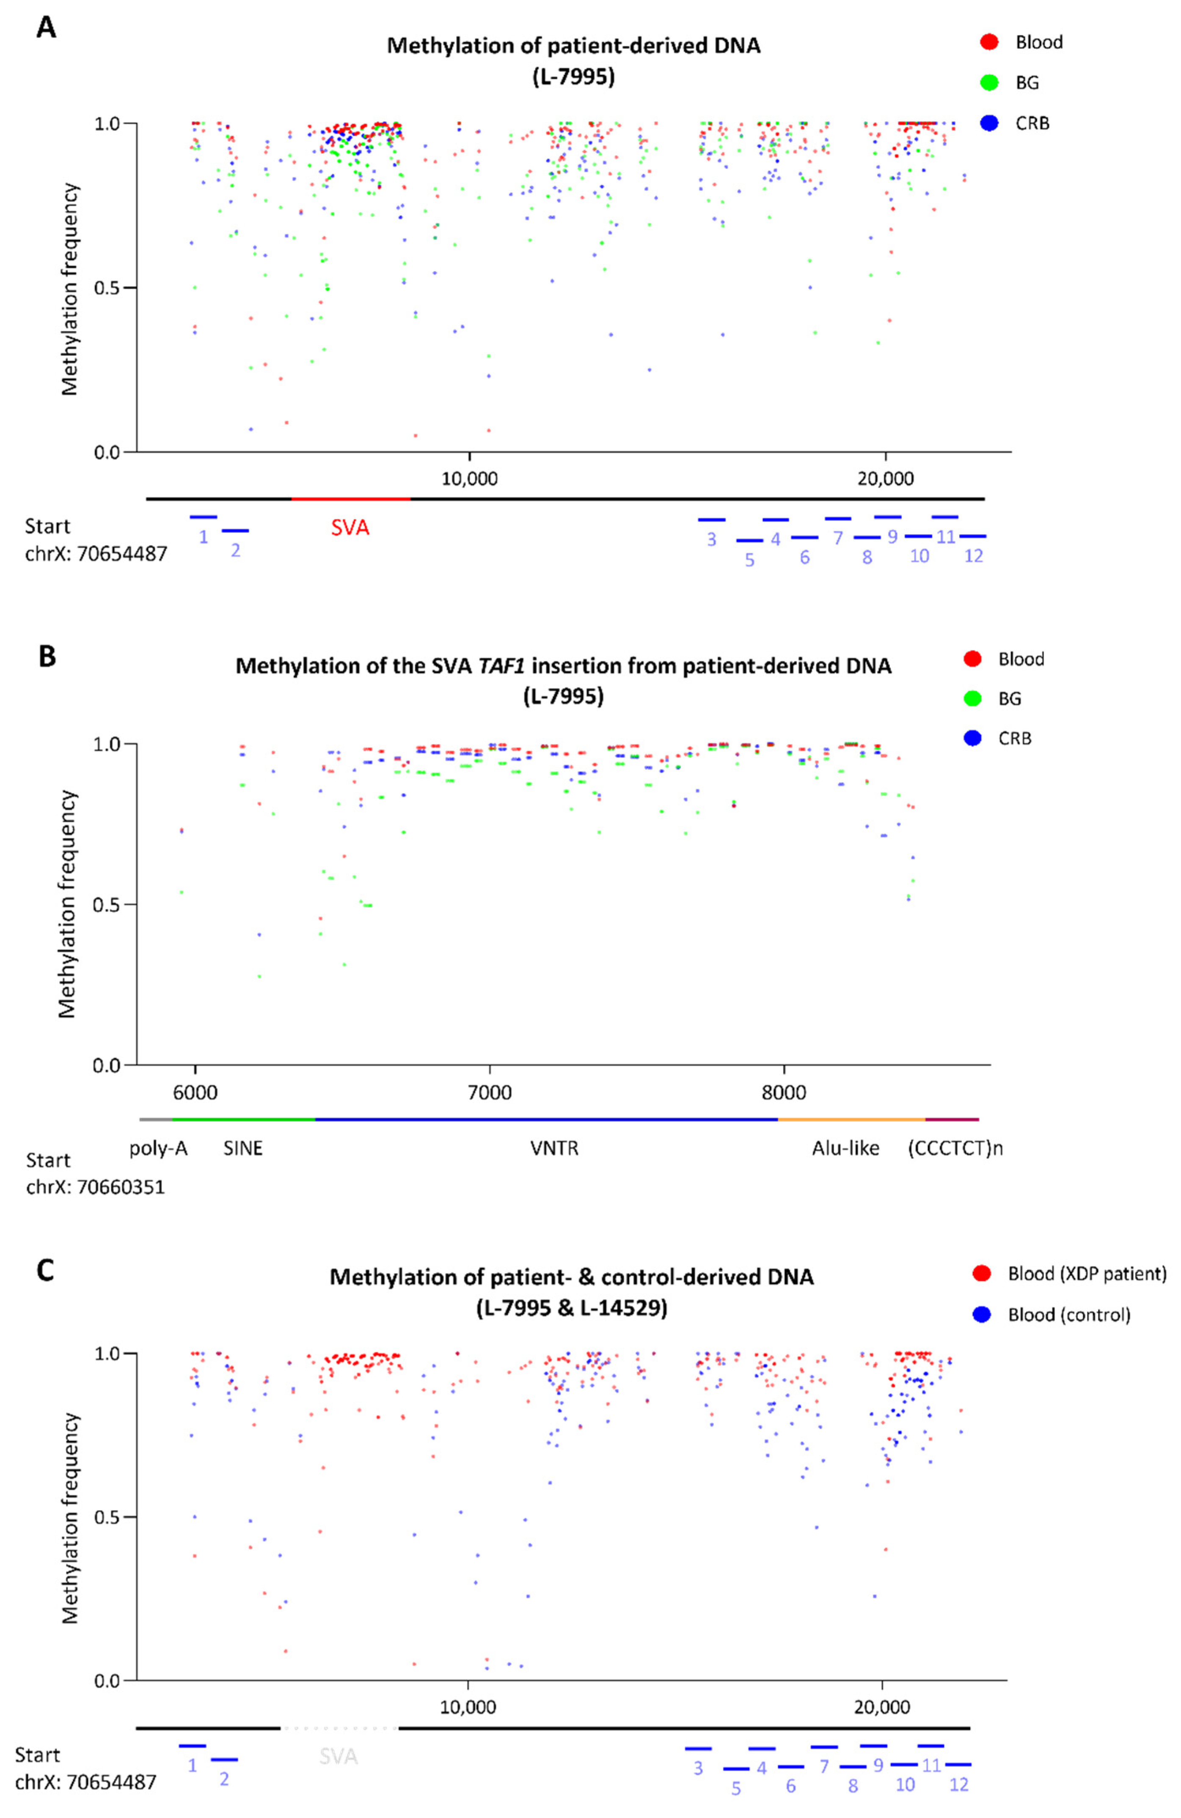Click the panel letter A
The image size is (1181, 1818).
coord(46,28)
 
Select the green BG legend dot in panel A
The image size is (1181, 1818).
coord(989,82)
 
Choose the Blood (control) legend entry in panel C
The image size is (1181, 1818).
coord(1068,1315)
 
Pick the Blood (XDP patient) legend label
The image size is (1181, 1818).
coord(1086,1274)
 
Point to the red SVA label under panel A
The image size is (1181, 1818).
coord(350,527)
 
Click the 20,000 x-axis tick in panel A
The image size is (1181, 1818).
coord(885,479)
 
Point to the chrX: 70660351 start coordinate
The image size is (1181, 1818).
coord(96,1187)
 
